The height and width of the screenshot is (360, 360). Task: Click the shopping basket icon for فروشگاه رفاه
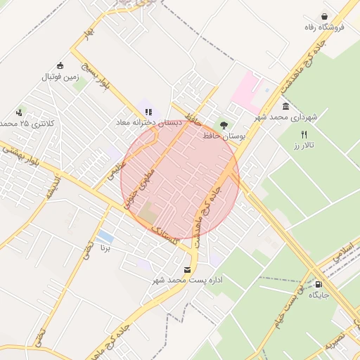(324, 16)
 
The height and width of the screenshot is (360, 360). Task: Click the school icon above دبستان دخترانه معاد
(148, 112)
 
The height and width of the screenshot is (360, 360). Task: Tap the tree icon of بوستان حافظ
(224, 124)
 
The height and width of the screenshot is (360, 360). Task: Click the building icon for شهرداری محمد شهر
(286, 105)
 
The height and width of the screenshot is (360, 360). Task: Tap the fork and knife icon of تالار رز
(304, 134)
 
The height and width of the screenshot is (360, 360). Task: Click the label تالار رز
(304, 145)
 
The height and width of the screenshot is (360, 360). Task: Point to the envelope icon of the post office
(186, 269)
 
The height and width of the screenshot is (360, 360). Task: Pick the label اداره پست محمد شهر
(188, 280)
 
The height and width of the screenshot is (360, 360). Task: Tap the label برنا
(105, 247)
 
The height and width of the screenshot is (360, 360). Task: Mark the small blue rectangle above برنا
(105, 236)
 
